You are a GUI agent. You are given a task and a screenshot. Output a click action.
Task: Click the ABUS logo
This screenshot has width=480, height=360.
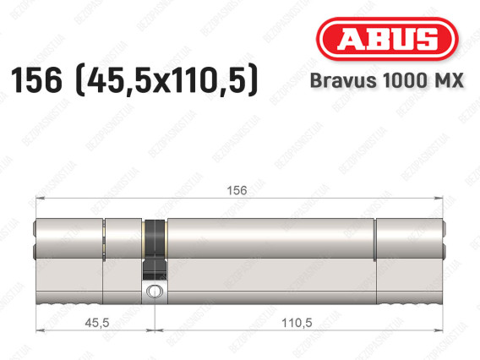coord(387,39)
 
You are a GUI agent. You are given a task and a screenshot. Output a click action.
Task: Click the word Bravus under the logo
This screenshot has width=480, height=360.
coord(343,80)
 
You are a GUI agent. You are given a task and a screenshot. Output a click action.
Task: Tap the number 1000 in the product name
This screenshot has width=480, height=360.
coord(406,80)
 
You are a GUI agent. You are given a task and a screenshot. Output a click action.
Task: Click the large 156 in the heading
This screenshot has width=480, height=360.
coord(36,80)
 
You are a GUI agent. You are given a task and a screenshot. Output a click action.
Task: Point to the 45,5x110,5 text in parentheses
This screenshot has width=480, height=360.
coord(166,80)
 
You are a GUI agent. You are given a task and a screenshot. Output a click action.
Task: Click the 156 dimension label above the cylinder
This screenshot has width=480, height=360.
coord(237,191)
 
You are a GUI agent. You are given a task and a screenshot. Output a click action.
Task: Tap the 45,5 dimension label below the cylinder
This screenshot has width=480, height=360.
coord(97,323)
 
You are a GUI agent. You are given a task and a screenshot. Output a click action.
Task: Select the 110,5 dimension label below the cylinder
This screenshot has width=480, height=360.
coord(297,323)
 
